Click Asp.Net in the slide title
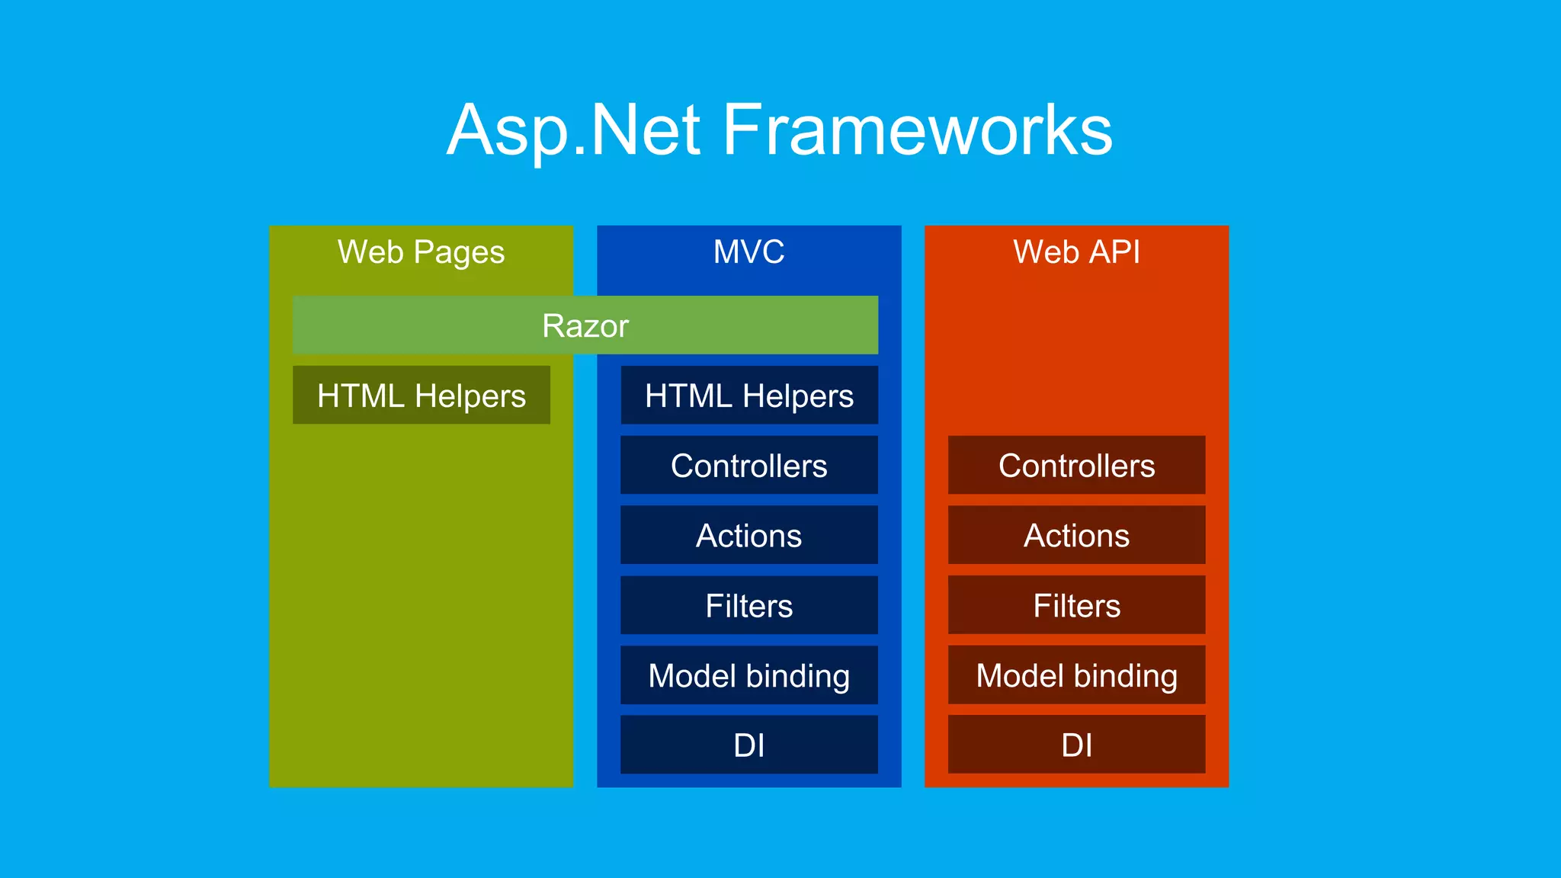pyautogui.click(x=573, y=131)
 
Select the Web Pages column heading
pyautogui.click(x=421, y=252)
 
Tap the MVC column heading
pyautogui.click(x=748, y=252)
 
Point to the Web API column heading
pyautogui.click(x=1076, y=252)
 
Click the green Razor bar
pyautogui.click(x=585, y=325)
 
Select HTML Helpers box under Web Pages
pyautogui.click(x=421, y=396)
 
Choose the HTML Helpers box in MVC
pyautogui.click(x=748, y=396)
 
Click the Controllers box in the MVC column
pyautogui.click(x=748, y=466)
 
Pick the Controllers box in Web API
pyautogui.click(x=1076, y=466)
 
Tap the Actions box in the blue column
pyautogui.click(x=748, y=536)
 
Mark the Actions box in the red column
pyautogui.click(x=1076, y=536)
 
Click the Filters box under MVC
pyautogui.click(x=748, y=606)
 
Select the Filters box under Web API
pyautogui.click(x=1076, y=606)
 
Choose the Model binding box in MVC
pyautogui.click(x=748, y=676)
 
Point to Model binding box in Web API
pyautogui.click(x=1076, y=676)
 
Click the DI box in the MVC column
pyautogui.click(x=748, y=745)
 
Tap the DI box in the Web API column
pyautogui.click(x=1076, y=745)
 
